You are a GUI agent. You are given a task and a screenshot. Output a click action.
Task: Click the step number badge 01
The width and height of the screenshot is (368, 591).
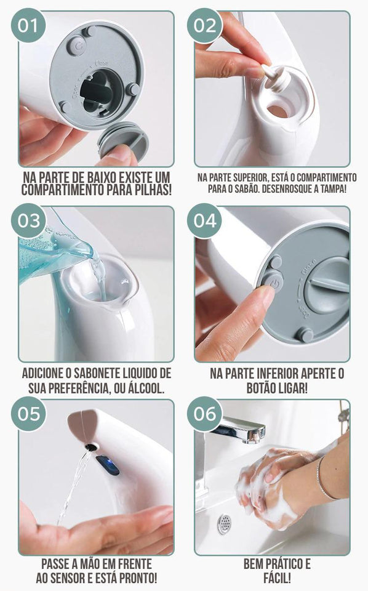click(28, 25)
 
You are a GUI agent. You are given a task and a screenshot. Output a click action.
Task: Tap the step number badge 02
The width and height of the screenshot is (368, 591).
click(205, 25)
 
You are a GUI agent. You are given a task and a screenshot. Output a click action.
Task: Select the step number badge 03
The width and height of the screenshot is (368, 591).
click(28, 220)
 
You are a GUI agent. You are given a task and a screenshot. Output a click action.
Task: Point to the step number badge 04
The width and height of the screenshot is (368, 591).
click(205, 220)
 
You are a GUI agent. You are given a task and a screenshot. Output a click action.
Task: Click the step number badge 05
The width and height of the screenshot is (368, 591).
click(28, 413)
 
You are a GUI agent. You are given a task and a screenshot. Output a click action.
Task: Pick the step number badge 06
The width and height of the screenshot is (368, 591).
click(205, 413)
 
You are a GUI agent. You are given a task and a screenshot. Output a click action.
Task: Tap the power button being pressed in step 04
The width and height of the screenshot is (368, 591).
click(269, 280)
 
